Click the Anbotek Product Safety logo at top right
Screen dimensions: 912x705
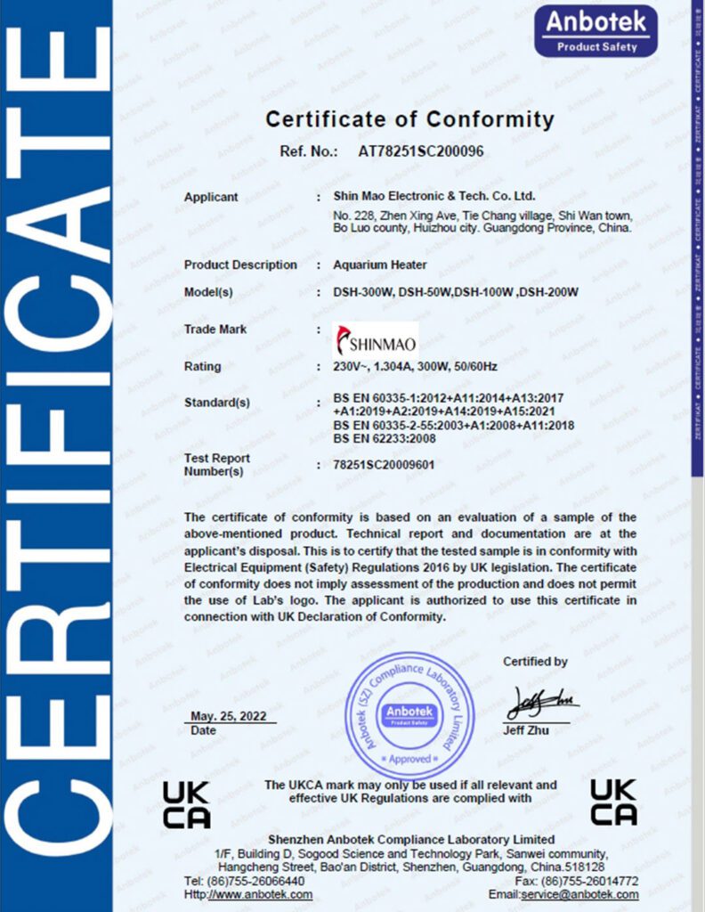596,30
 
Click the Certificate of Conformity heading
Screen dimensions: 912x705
409,118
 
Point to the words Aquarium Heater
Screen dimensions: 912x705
380,265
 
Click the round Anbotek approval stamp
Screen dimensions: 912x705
409,715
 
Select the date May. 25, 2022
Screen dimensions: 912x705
233,717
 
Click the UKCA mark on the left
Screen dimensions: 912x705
186,804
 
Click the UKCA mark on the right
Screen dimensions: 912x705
613,802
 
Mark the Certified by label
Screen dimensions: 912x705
535,662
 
